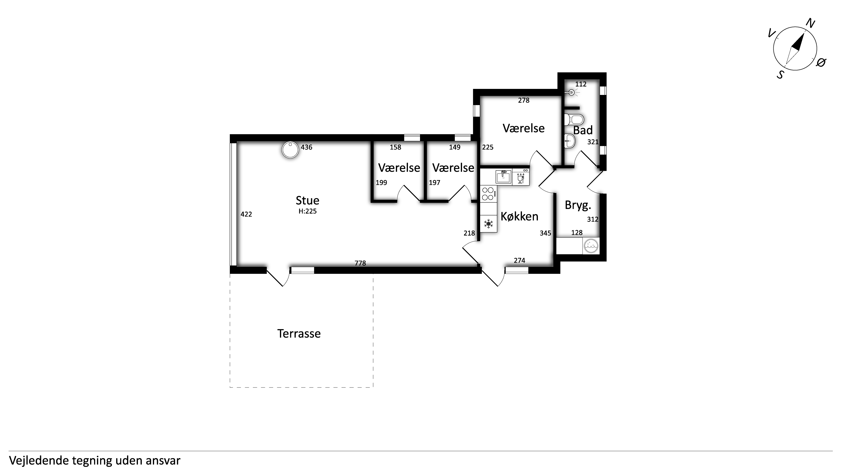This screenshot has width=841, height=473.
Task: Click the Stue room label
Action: pyautogui.click(x=307, y=200)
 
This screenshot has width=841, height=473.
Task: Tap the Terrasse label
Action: pyautogui.click(x=299, y=334)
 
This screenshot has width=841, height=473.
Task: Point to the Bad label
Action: pyautogui.click(x=583, y=130)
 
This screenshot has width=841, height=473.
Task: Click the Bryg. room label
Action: pyautogui.click(x=578, y=205)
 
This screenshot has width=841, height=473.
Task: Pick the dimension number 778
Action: pyautogui.click(x=360, y=263)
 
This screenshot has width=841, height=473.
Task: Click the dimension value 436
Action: pyautogui.click(x=306, y=147)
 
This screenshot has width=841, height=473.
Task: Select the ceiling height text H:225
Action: pyautogui.click(x=307, y=211)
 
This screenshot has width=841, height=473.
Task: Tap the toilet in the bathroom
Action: pyautogui.click(x=574, y=120)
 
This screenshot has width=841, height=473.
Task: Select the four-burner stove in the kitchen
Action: pyautogui.click(x=488, y=193)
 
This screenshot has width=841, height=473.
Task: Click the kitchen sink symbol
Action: pyautogui.click(x=503, y=177)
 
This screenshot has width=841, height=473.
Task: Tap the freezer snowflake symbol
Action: pyautogui.click(x=488, y=224)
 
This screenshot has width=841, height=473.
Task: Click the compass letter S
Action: pyautogui.click(x=780, y=75)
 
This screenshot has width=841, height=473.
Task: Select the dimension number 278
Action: pyautogui.click(x=524, y=100)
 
